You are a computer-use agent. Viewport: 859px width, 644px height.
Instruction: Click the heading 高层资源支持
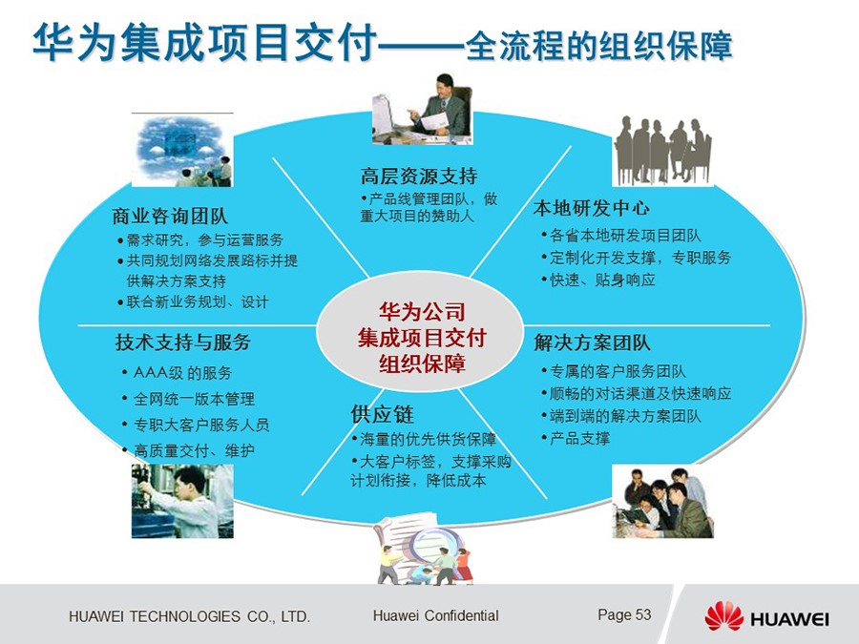[x=419, y=177]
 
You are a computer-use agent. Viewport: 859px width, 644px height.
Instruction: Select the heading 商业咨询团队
[x=170, y=216]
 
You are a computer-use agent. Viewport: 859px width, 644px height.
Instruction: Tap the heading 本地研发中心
[x=591, y=208]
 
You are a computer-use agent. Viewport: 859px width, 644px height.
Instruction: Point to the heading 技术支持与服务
[x=183, y=343]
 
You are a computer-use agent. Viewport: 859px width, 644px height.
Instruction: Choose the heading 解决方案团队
[x=592, y=343]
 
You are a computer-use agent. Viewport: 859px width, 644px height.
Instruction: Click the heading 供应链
[x=383, y=414]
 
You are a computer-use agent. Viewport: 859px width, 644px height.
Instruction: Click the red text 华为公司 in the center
[x=422, y=312]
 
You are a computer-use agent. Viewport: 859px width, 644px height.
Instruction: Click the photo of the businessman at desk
[x=422, y=109]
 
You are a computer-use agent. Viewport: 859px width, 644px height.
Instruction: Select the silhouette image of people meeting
[x=662, y=151]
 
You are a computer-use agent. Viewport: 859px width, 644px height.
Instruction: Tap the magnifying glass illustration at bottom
[x=424, y=548]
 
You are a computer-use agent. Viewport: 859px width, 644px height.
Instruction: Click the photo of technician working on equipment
[x=182, y=501]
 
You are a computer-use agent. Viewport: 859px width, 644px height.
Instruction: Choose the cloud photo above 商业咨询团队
[x=182, y=150]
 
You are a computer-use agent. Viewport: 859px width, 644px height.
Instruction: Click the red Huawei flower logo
[x=723, y=615]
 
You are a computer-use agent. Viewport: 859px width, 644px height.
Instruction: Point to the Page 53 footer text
[x=624, y=614]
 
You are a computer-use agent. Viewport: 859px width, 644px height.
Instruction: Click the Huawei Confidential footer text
[x=435, y=615]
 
